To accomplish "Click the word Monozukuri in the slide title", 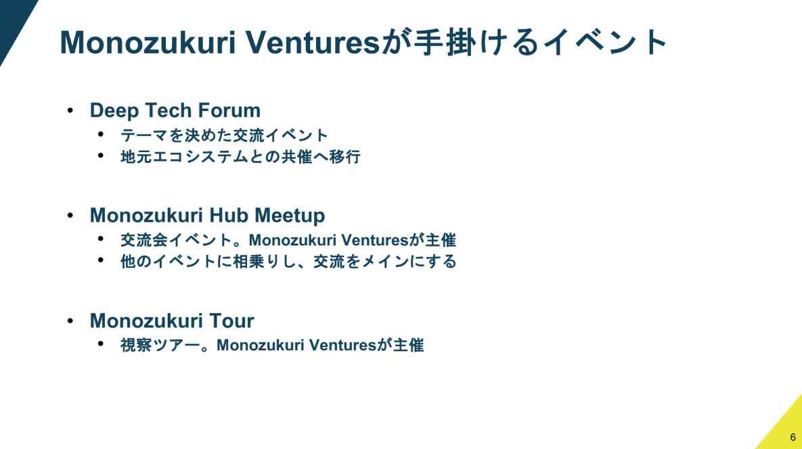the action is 148,43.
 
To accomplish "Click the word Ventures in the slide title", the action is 313,43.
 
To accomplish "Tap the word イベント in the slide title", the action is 605,43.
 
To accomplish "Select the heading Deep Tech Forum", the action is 175,110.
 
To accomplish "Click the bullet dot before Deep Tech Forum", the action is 70,110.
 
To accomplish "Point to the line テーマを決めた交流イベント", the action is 224,135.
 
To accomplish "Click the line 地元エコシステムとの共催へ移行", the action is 240,156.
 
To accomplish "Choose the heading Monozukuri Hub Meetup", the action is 207,216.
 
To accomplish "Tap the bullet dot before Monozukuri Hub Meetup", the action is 70,215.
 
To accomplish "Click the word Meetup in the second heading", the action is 290,216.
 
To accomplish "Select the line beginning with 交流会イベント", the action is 288,240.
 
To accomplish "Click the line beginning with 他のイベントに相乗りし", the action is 288,262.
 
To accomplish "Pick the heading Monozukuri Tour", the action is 172,321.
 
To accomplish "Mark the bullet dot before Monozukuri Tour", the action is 70,321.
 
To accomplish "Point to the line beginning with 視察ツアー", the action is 272,346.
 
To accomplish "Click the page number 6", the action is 793,438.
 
